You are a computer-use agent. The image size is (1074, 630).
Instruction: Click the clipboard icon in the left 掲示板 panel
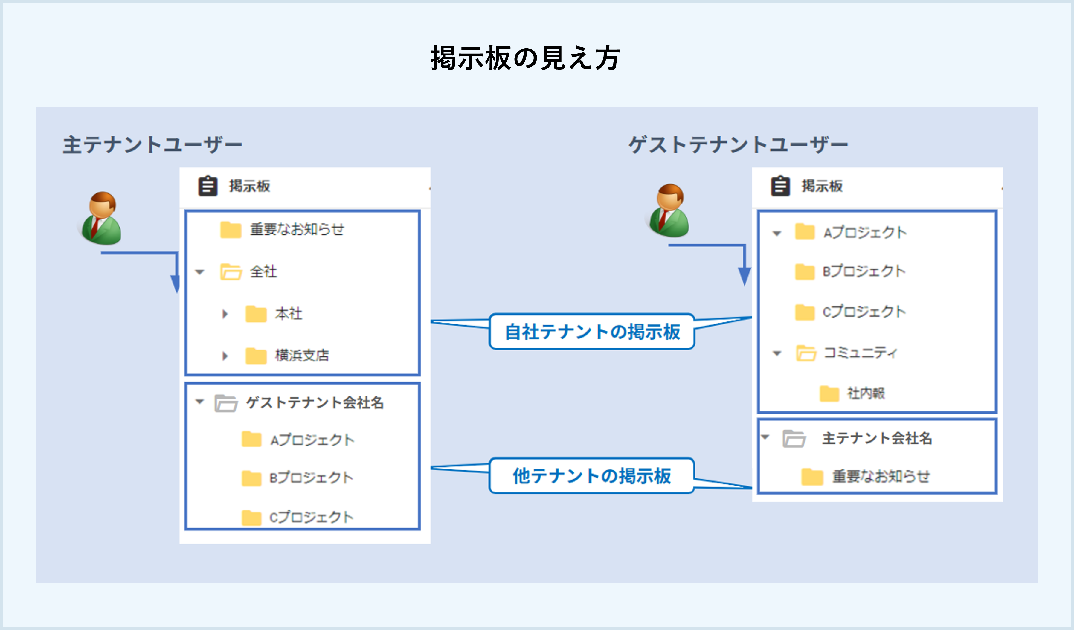coord(208,186)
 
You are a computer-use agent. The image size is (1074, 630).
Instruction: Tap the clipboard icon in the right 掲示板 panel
coord(780,186)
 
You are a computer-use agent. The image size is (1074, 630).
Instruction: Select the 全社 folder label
coord(263,271)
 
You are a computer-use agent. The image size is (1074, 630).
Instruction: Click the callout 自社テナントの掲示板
coord(592,332)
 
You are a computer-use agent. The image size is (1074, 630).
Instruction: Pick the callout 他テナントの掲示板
coord(592,476)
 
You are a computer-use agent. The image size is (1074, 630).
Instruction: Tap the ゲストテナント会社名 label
coord(315,402)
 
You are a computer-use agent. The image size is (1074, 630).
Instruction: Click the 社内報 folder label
coord(866,393)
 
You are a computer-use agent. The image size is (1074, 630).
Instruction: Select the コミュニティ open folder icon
coord(806,353)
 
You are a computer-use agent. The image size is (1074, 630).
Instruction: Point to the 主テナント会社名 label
coord(877,438)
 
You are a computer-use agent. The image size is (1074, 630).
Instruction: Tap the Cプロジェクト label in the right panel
coord(864,312)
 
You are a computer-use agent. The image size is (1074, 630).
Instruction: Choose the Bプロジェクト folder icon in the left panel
coord(251,478)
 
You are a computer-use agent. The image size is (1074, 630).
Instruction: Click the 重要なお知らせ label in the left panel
coord(297,229)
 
